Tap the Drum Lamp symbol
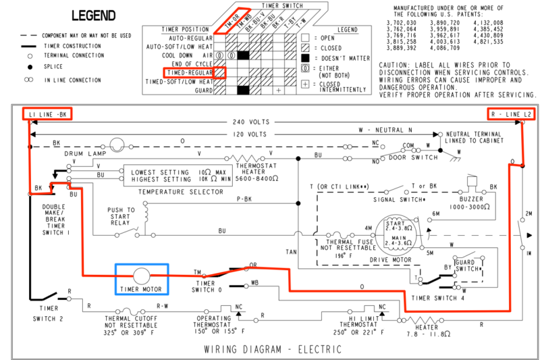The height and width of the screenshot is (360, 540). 116,145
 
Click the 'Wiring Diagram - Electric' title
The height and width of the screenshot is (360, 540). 272,349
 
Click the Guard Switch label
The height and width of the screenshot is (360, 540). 466,265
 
